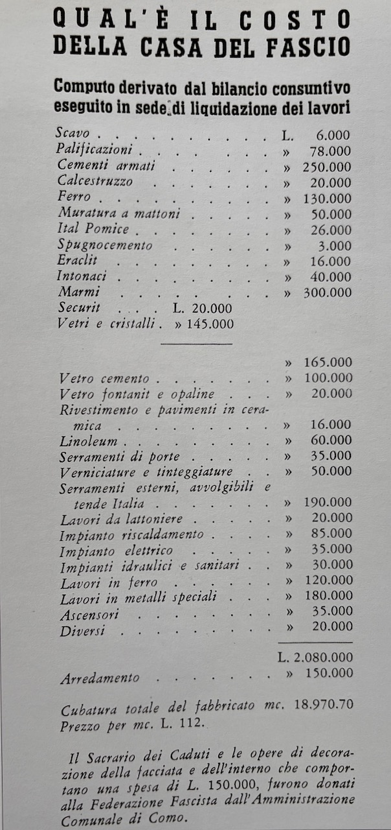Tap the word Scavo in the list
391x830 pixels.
coord(73,134)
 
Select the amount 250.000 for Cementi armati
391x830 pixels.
coord(327,167)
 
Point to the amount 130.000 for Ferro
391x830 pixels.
coord(327,198)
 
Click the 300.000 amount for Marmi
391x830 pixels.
coord(327,292)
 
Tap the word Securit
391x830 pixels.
coord(79,308)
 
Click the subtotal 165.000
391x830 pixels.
coord(328,362)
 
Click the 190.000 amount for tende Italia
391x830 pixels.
coord(328,503)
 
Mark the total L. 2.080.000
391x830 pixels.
coord(316,658)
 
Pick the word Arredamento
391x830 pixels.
coord(100,678)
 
